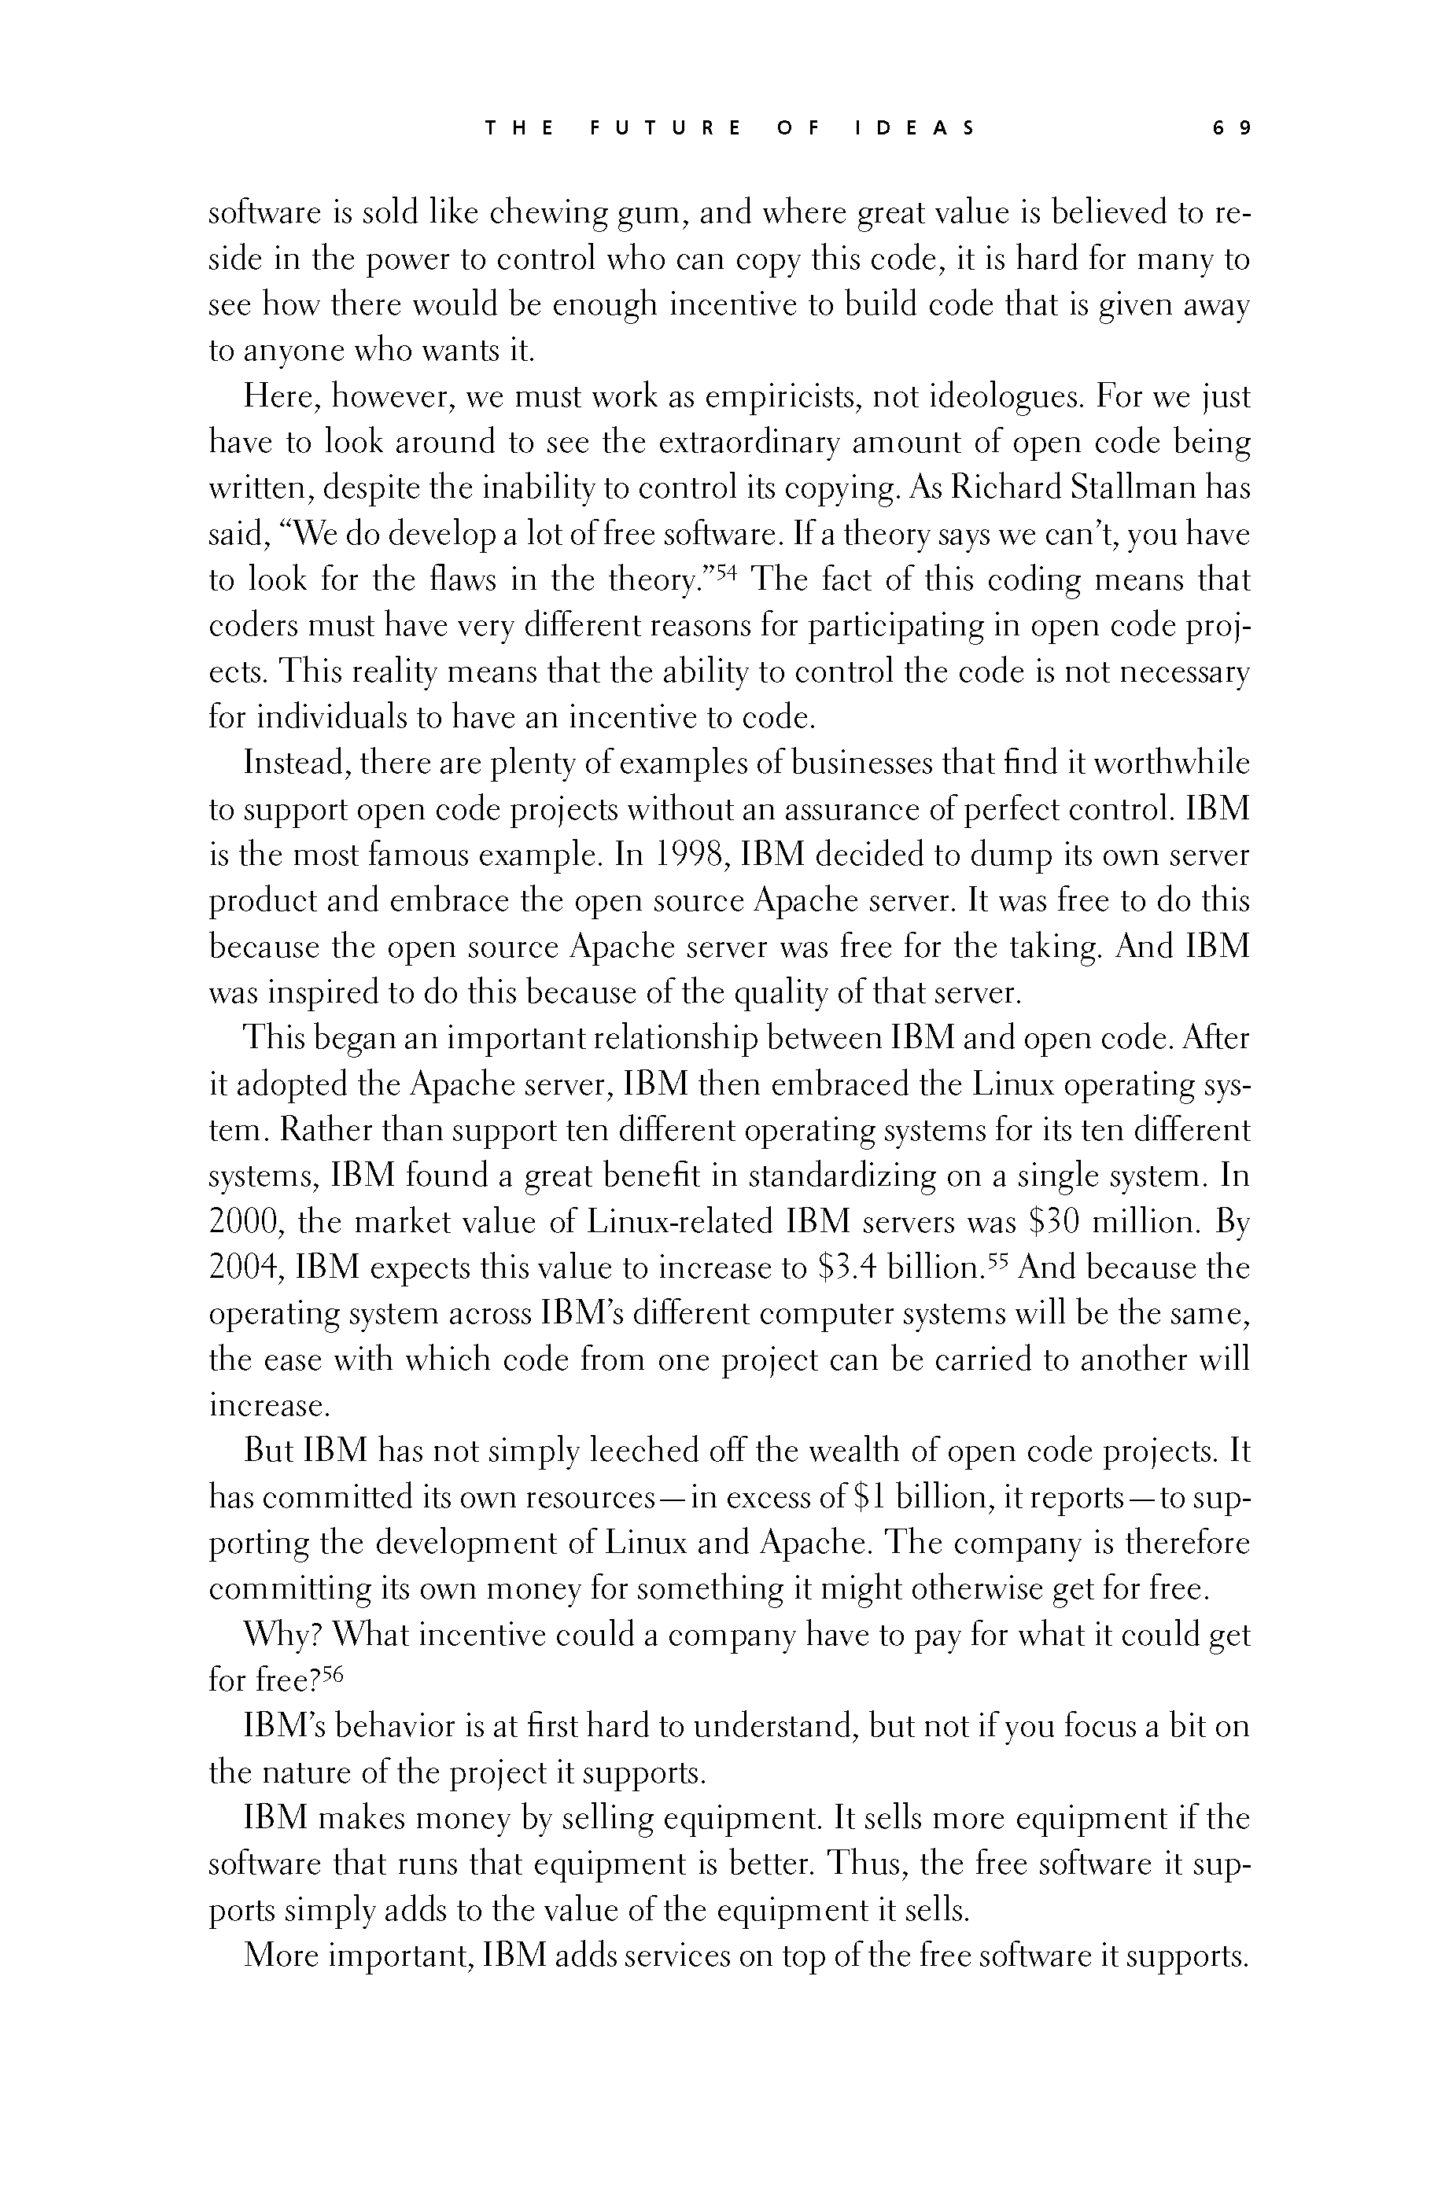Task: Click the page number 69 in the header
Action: coord(1230,128)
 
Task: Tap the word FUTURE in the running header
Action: coord(665,128)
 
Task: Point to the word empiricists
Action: coord(781,397)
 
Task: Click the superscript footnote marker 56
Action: coord(332,1674)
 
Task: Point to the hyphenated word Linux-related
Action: coord(680,1223)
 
